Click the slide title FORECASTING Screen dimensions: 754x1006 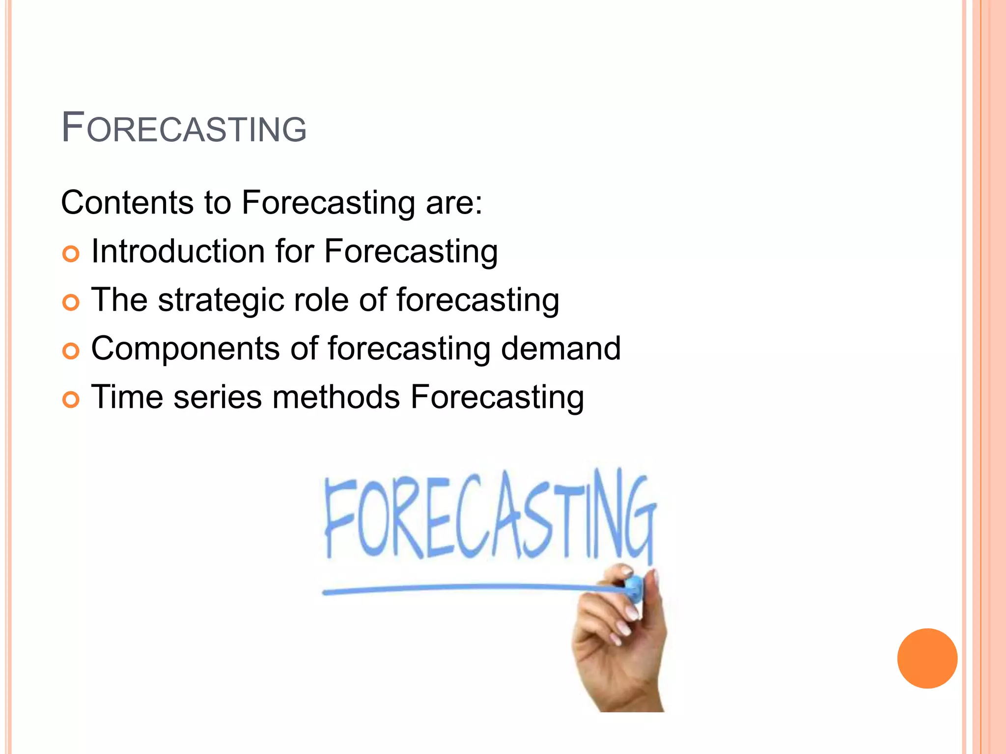click(x=184, y=128)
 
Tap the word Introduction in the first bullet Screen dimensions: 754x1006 click(x=178, y=251)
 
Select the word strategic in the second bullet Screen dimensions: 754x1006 click(x=221, y=300)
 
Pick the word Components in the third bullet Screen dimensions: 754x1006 click(x=185, y=349)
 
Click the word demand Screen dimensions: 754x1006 click(x=560, y=349)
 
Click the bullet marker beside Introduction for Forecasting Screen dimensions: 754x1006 click(x=71, y=254)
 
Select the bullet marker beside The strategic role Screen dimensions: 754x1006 click(x=71, y=302)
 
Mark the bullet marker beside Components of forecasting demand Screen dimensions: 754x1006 click(x=71, y=351)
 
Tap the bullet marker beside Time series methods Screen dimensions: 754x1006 click(x=71, y=400)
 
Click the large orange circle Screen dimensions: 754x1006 click(x=927, y=658)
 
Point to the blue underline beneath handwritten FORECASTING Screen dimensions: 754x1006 click(x=462, y=588)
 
